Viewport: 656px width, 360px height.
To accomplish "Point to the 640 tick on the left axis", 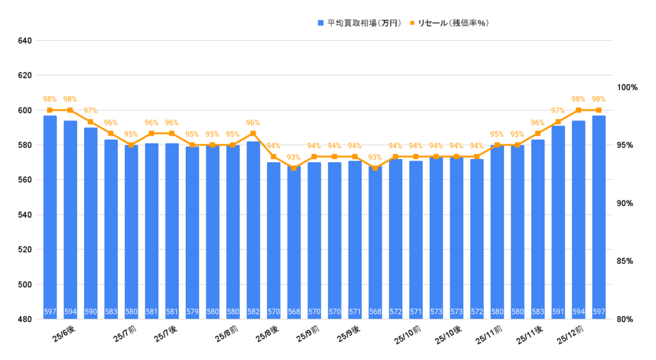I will coord(25,41).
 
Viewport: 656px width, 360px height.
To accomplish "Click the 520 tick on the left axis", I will coord(25,250).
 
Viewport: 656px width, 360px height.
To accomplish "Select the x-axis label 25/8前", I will coord(226,334).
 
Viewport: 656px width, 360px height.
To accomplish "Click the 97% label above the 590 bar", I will coord(91,111).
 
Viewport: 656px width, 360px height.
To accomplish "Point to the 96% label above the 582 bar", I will coord(253,122).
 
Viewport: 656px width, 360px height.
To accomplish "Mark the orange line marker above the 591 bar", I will coord(558,122).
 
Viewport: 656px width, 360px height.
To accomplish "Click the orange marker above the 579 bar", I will coord(192,145).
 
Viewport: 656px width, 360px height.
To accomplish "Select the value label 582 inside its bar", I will coord(253,313).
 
